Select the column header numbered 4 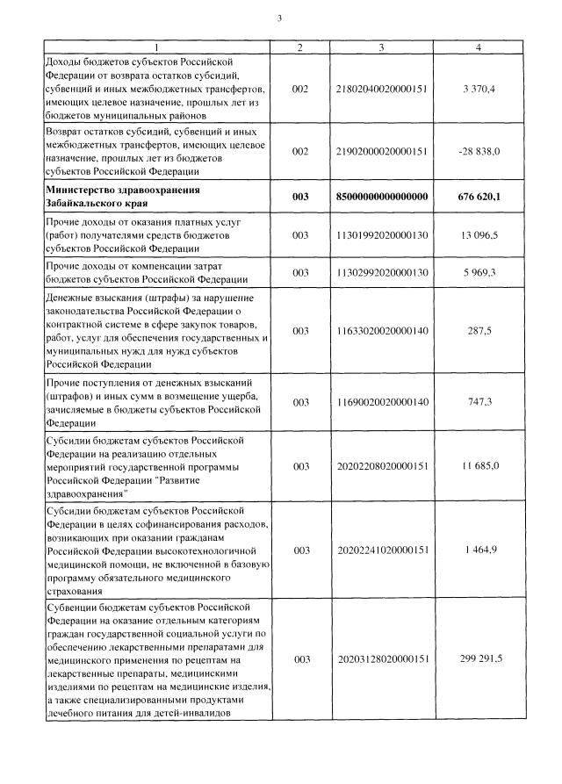tap(478, 47)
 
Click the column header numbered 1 tap(156, 47)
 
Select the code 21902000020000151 tap(382, 151)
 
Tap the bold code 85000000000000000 tap(382, 197)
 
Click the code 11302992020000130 tap(382, 273)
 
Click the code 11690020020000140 tap(382, 401)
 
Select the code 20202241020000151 tap(382, 550)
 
